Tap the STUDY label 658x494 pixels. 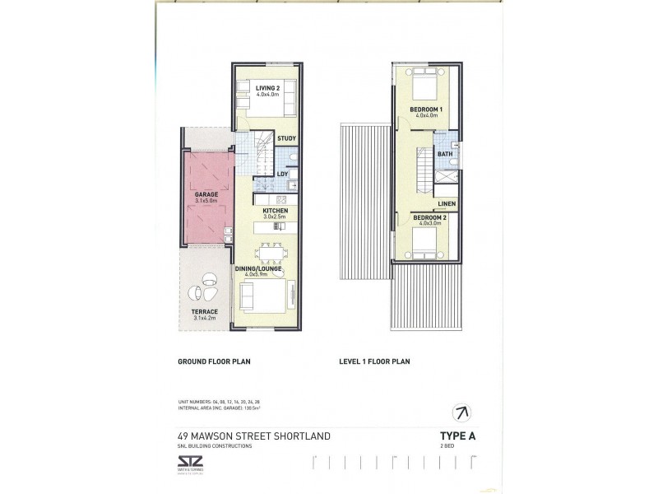click(x=286, y=138)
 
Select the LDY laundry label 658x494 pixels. click(x=282, y=174)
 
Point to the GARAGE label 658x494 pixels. click(x=206, y=194)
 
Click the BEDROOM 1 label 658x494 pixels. click(x=427, y=110)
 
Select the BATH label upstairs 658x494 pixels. click(x=445, y=154)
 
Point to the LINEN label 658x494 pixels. click(x=447, y=203)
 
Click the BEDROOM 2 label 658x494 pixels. click(x=427, y=217)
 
